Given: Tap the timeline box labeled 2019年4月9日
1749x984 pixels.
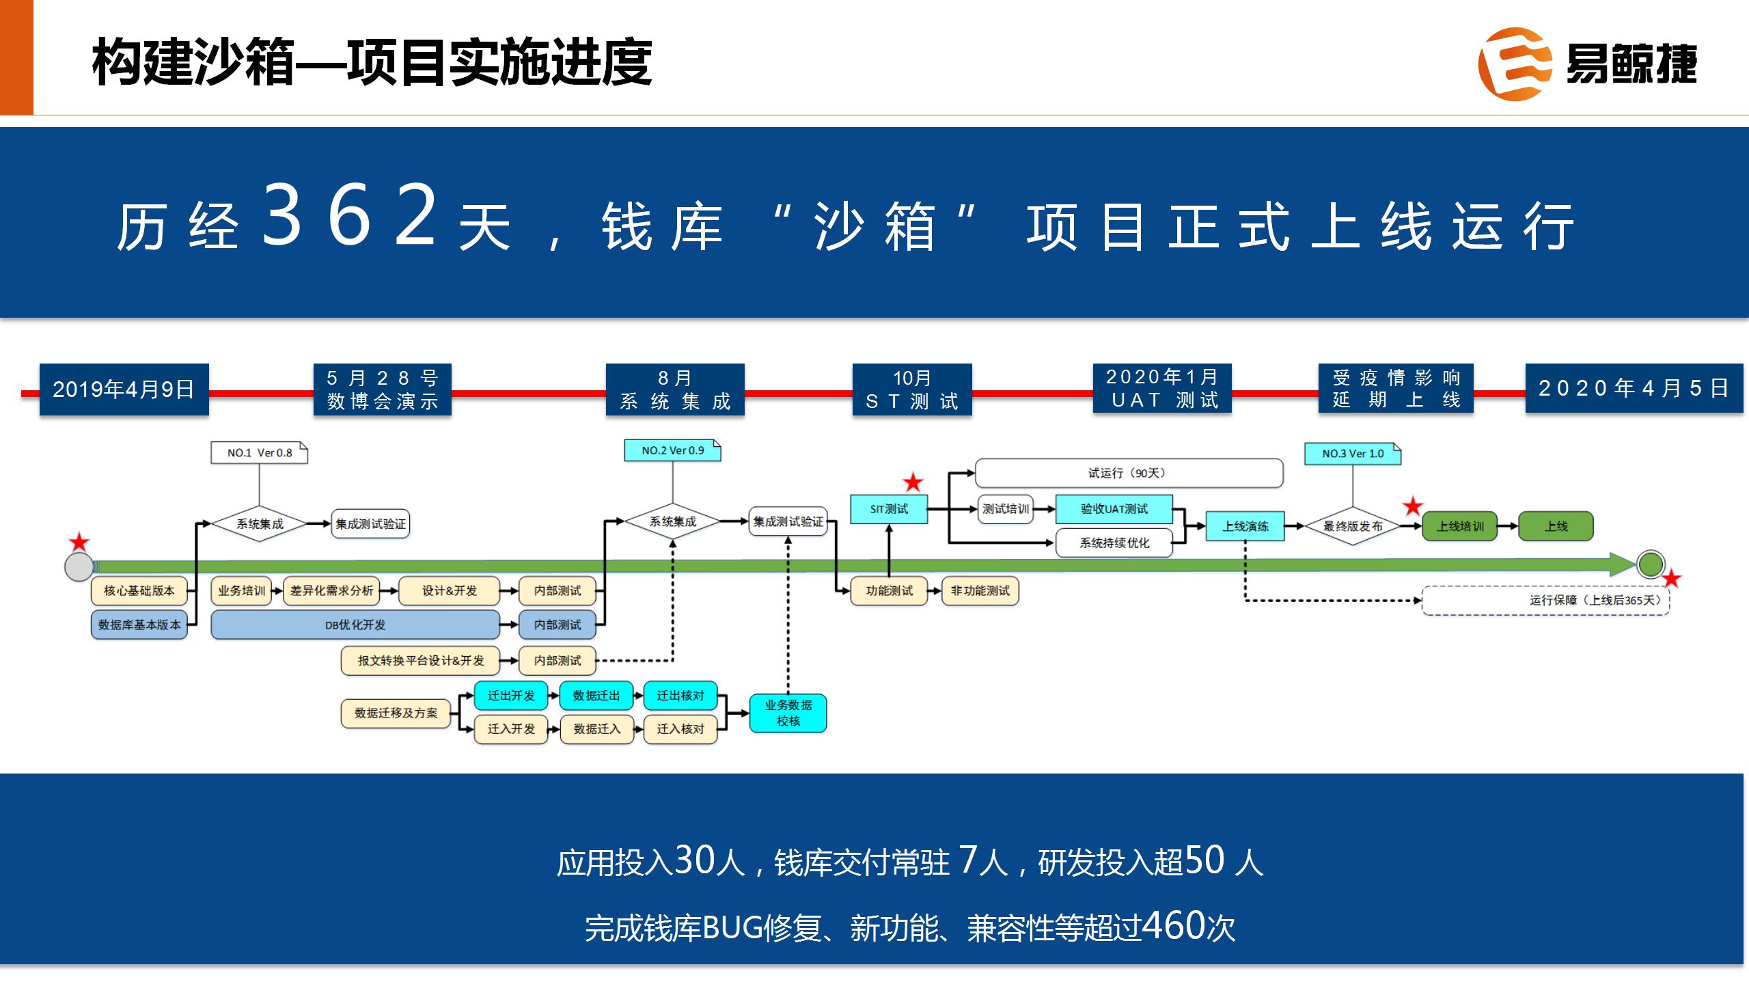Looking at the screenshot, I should (124, 389).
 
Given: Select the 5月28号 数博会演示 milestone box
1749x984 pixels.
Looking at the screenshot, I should (383, 389).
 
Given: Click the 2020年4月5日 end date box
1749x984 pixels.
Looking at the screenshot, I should (1634, 388).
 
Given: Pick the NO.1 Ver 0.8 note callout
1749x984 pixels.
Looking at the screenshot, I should (259, 453).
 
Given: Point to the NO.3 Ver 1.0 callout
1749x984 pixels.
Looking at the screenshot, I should (1352, 454).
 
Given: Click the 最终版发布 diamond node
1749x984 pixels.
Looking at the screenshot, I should (1353, 526).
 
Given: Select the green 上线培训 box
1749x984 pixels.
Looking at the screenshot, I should (1459, 526).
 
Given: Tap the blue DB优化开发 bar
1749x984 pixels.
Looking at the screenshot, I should (355, 625).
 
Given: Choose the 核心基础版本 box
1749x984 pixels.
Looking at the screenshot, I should (139, 590).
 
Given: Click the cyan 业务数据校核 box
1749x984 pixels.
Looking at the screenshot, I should (788, 713).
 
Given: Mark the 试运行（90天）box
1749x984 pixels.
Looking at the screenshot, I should (1128, 473).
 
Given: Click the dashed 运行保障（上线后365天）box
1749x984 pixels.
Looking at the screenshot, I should (1545, 601).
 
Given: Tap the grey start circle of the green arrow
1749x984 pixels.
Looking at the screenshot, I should (79, 566).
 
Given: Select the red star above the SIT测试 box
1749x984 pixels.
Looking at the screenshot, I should (913, 482).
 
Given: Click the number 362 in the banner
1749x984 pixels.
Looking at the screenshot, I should (349, 215).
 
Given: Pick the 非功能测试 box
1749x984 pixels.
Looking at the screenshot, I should (980, 591).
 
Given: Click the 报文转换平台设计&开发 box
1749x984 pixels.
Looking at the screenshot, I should (420, 661).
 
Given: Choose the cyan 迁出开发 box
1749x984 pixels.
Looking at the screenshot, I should (511, 696).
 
